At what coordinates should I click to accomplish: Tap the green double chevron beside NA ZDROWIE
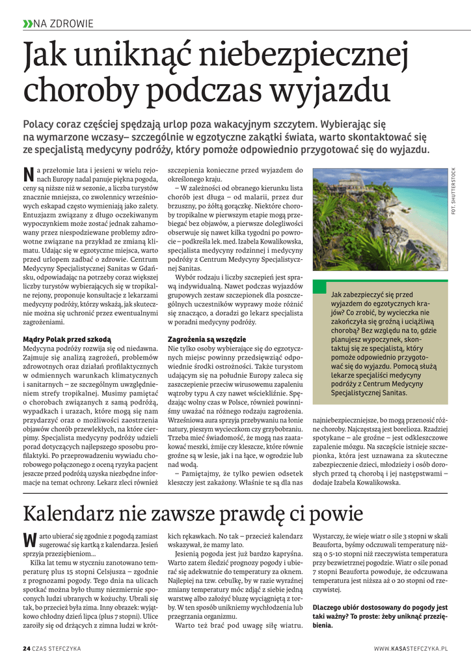click(x=27, y=24)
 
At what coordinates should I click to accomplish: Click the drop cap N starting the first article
click(x=28, y=174)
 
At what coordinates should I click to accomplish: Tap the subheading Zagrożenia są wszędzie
click(x=207, y=339)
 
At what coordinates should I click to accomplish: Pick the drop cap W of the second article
click(x=29, y=539)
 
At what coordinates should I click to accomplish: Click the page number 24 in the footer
click(x=26, y=649)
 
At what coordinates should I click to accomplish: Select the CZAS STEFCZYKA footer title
click(x=59, y=649)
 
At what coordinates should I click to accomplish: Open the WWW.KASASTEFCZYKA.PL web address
click(x=411, y=649)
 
